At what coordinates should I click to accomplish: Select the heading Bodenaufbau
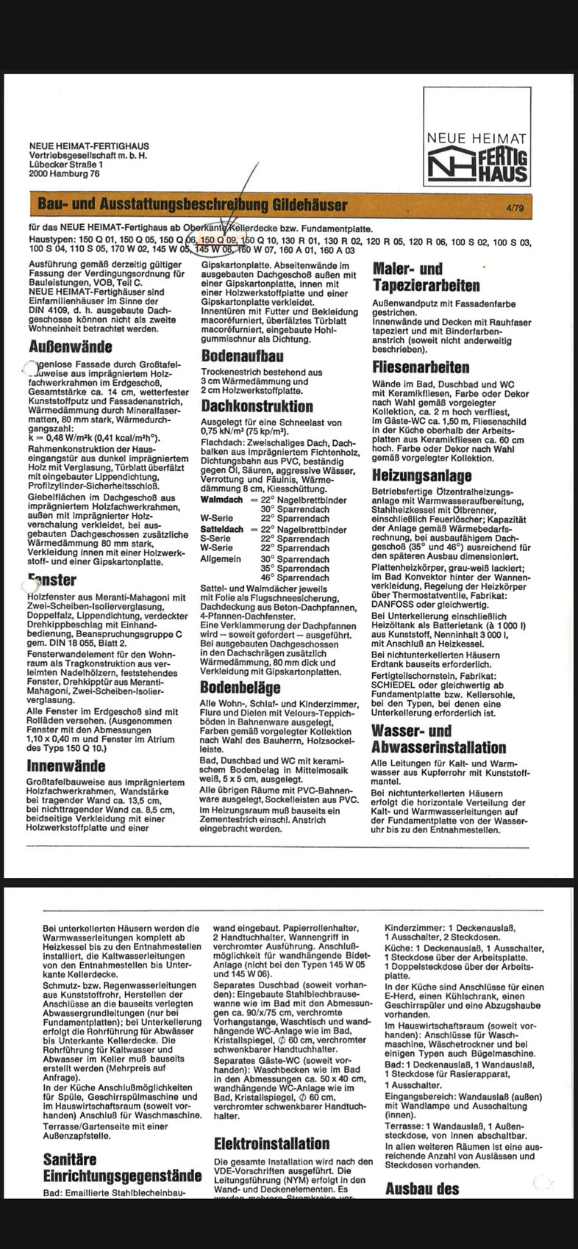point(242,356)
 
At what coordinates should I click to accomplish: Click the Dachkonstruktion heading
point(257,406)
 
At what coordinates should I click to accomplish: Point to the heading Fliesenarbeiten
point(421,367)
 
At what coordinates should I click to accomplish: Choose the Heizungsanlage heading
point(421,475)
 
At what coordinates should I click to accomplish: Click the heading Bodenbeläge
point(240,688)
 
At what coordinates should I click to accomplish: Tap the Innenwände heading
point(65,766)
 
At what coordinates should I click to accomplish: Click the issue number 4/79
point(515,209)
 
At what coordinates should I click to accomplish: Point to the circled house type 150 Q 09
point(218,240)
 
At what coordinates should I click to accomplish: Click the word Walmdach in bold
point(221,500)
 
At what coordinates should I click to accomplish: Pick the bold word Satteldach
point(222,529)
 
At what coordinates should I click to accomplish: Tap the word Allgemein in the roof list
point(220,558)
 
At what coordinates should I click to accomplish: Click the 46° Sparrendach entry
point(294,578)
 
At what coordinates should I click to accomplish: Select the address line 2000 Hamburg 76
point(64,174)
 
